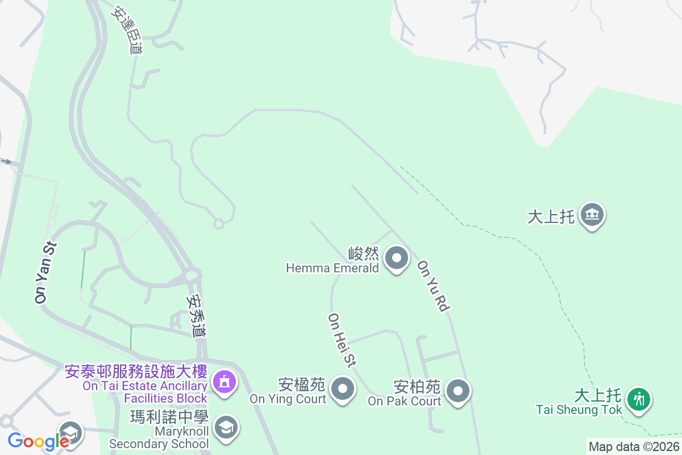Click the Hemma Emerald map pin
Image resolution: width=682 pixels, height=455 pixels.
click(397, 259)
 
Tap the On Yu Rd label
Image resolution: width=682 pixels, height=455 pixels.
click(434, 286)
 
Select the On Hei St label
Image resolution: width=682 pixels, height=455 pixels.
click(342, 340)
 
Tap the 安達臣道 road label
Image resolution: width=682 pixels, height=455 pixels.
click(127, 31)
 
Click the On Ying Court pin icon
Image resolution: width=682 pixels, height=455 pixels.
click(343, 390)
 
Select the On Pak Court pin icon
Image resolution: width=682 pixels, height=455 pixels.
click(458, 391)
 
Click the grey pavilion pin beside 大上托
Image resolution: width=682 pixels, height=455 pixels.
click(593, 215)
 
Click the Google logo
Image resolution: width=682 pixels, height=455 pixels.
click(38, 441)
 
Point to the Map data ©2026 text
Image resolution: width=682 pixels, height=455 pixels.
click(634, 447)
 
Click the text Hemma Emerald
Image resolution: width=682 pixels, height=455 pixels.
click(332, 268)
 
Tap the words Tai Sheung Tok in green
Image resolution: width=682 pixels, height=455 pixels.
click(579, 409)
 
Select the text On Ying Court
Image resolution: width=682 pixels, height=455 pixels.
click(288, 399)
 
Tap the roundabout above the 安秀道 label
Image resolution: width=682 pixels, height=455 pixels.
click(192, 276)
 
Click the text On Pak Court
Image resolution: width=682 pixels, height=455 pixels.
click(405, 401)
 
